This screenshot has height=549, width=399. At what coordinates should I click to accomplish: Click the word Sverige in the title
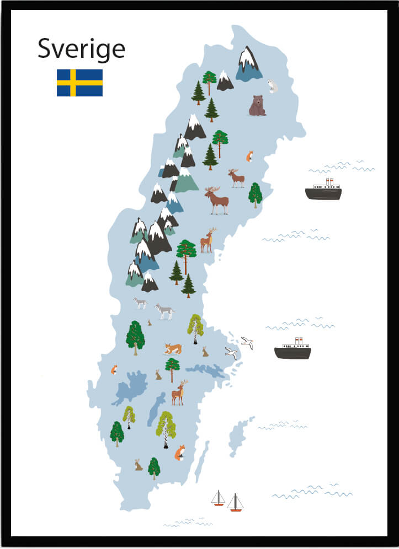coord(81,50)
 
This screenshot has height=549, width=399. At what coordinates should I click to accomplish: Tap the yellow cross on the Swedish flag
coord(73,83)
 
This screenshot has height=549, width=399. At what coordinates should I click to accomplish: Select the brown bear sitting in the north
coord(257,105)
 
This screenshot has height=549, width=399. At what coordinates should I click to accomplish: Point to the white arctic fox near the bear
coord(272,85)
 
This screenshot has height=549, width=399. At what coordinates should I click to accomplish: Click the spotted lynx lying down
coord(173,348)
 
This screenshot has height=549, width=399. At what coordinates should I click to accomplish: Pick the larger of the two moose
coord(216,200)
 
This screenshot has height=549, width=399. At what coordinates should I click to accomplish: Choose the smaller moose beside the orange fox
coord(236,177)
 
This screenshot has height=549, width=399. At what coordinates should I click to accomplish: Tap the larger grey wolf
coord(164,311)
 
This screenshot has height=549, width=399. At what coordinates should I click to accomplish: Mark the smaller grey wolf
coord(141,303)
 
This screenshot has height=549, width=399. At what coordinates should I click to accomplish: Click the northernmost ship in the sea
coord(323,191)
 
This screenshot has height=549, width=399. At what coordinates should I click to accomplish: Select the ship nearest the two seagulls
coord(292,351)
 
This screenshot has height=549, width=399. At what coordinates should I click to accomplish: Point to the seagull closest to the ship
coord(247,343)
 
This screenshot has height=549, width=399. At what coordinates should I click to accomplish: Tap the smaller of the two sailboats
coord(219,499)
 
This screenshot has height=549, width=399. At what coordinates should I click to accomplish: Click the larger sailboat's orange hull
coord(236,510)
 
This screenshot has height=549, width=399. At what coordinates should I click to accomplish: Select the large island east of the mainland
coord(239,435)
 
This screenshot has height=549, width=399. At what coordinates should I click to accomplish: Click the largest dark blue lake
coord(131,387)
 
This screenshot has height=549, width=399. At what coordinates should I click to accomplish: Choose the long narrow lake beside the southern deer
coord(156,409)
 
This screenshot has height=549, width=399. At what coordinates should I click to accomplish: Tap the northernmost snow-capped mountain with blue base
coord(248,65)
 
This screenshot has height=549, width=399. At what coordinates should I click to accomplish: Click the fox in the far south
coord(180,453)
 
